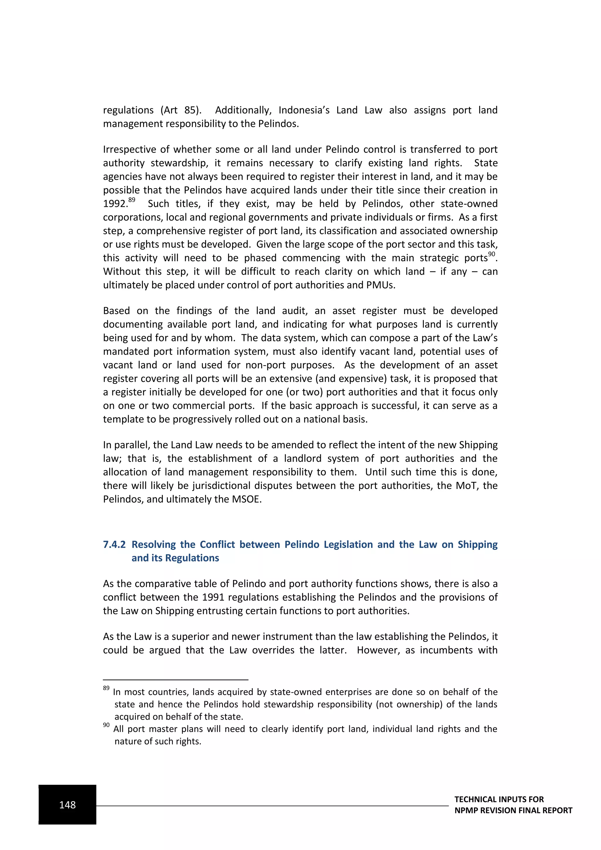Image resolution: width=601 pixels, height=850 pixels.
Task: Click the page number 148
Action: point(67,805)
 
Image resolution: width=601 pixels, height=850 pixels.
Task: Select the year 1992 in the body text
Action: point(115,204)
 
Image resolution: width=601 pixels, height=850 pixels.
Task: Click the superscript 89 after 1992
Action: point(132,200)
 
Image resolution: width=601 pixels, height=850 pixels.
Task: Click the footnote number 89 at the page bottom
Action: point(106,688)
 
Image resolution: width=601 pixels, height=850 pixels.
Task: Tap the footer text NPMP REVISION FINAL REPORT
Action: point(513,810)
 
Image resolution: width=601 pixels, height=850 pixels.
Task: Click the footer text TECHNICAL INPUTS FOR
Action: point(499,799)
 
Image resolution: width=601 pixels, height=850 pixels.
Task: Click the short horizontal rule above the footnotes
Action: point(175,680)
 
